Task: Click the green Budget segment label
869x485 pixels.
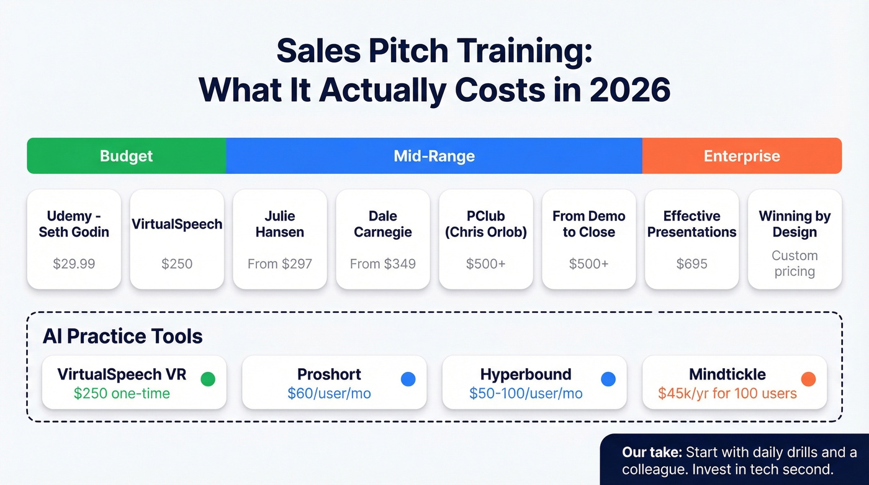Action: [126, 156]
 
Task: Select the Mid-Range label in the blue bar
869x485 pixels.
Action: [434, 156]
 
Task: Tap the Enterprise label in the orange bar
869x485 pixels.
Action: [742, 156]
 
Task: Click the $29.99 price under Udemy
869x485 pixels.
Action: [74, 263]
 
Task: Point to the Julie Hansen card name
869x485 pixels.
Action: [279, 224]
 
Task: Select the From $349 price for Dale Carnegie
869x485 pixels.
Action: [382, 263]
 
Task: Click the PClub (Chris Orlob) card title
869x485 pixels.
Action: [485, 224]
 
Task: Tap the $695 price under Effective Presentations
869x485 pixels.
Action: [691, 263]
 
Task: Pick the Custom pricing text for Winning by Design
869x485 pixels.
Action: [795, 263]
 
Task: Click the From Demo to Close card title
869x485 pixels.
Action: [588, 224]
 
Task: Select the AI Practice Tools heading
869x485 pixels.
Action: [123, 337]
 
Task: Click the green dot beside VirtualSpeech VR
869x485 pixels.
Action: [208, 379]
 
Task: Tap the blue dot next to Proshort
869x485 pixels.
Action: [408, 379]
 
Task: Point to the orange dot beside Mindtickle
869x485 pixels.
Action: [808, 379]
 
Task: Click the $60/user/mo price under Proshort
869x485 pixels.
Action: [329, 393]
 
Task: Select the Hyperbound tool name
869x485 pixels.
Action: [525, 374]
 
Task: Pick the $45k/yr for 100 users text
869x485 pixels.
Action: [727, 393]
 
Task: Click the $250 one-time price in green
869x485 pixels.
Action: [122, 393]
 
